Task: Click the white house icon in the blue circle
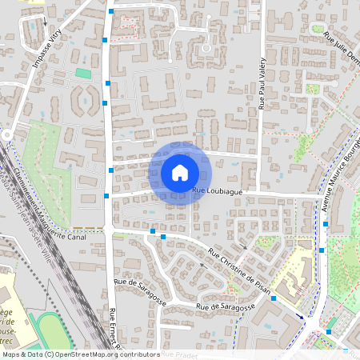point(180,173)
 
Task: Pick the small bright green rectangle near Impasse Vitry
point(83,73)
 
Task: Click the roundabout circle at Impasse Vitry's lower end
point(6,134)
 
